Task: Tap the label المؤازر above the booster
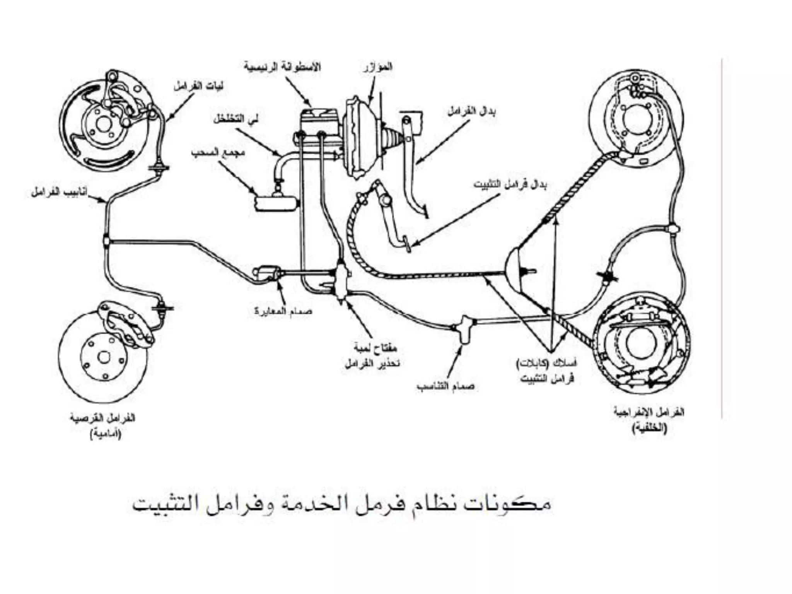(378, 67)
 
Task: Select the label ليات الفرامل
(198, 86)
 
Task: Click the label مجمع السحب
(218, 152)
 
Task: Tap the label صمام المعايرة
(283, 311)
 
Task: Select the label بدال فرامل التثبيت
(510, 184)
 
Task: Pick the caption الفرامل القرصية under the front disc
(102, 418)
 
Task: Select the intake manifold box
(277, 203)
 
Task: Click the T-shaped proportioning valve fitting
(466, 328)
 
